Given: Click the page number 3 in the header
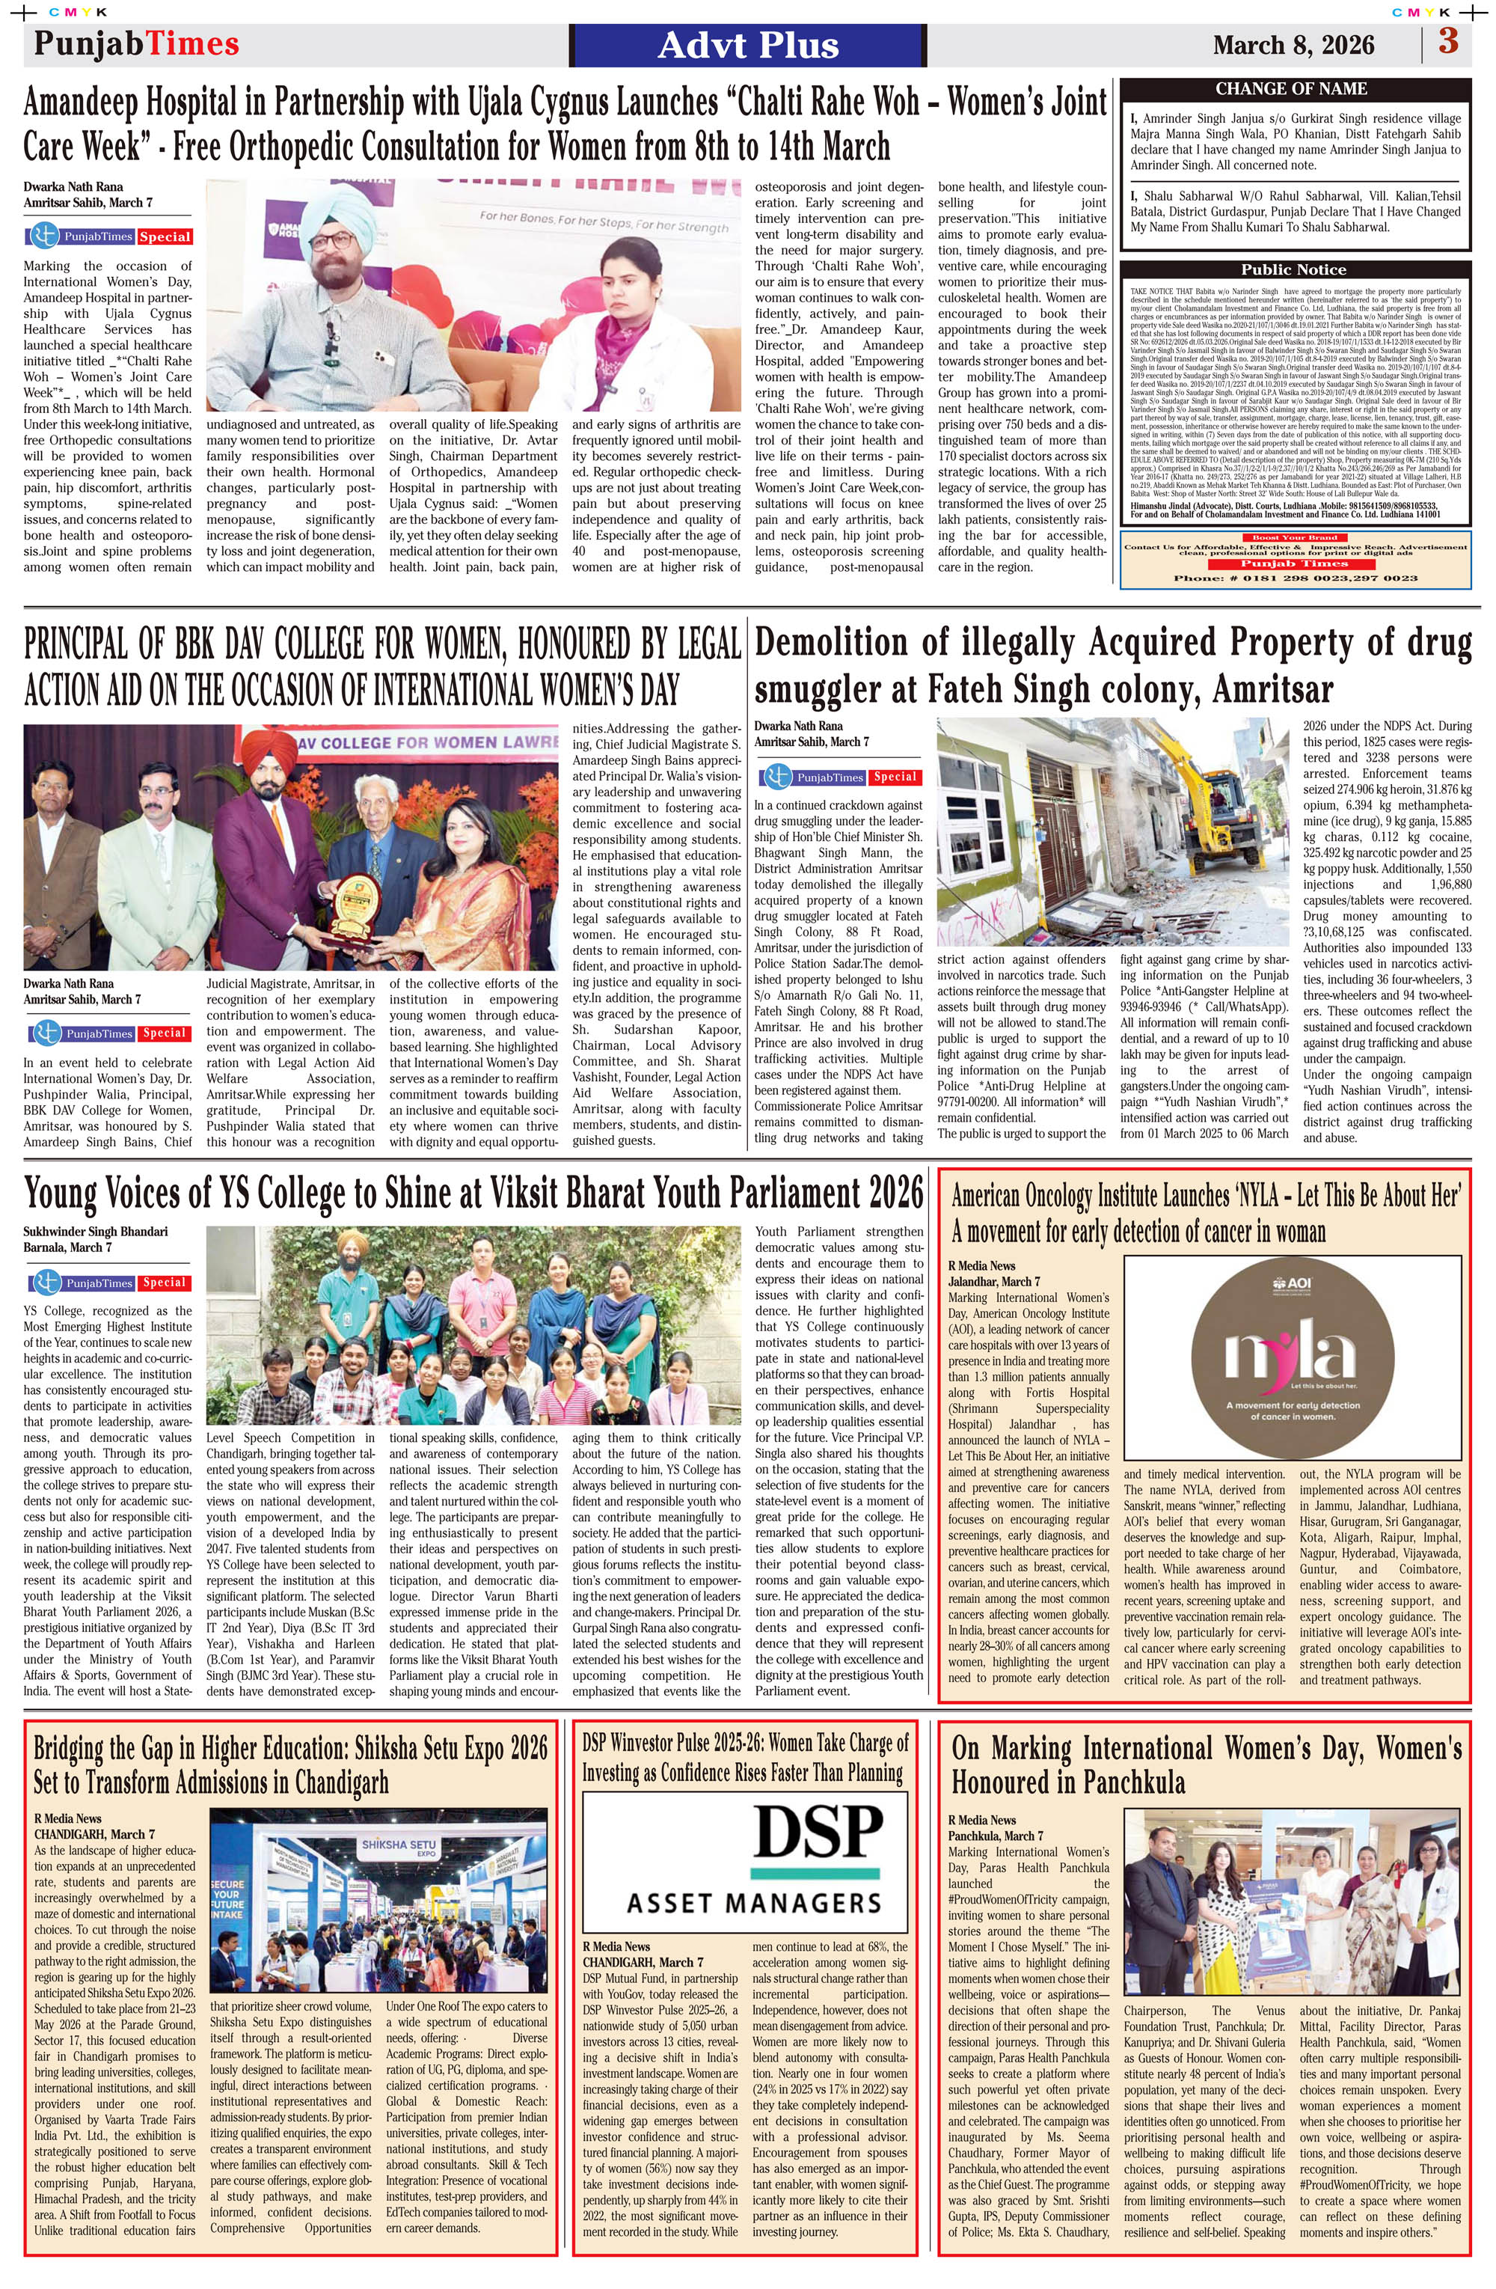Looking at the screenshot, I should (1448, 43).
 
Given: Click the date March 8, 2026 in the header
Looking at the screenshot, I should (1293, 45).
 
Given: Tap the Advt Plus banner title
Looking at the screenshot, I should (748, 45).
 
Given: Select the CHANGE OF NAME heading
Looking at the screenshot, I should (1291, 88).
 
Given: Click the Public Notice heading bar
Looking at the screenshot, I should (1293, 269).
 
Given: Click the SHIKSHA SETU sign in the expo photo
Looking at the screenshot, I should (397, 1845).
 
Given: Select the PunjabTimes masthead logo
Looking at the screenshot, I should (137, 44).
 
